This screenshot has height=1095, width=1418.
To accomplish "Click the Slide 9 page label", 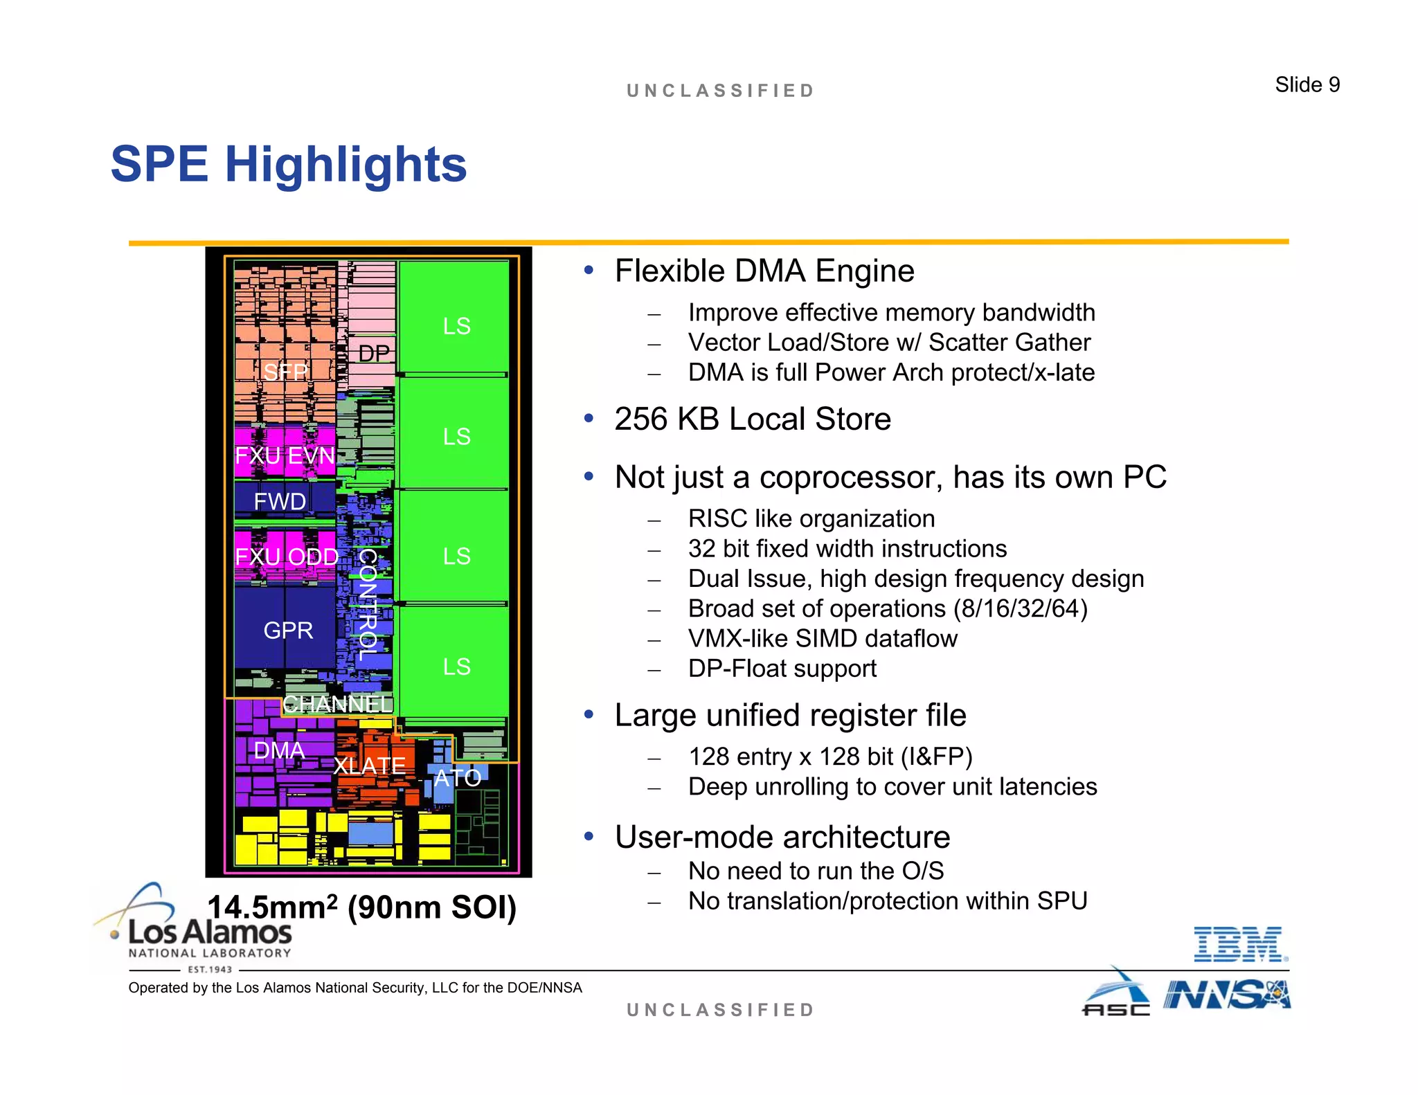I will click(x=1307, y=84).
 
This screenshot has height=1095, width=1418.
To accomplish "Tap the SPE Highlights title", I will click(x=289, y=165).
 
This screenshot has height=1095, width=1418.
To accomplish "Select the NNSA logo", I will click(x=1226, y=995).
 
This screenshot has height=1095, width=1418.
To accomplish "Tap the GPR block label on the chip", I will click(x=288, y=631).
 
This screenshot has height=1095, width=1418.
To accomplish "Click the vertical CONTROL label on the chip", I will click(x=367, y=604).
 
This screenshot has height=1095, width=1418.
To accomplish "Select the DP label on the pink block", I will click(x=374, y=354).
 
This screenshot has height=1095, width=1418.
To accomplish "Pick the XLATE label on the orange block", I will click(x=369, y=766).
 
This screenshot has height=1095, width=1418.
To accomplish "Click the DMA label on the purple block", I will click(x=279, y=750).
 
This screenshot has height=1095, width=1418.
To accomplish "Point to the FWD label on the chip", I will click(x=280, y=501).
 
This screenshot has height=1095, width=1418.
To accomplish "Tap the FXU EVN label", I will click(x=285, y=455).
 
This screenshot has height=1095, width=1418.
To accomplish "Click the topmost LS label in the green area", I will click(x=456, y=326).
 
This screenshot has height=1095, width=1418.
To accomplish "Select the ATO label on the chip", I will click(x=457, y=778).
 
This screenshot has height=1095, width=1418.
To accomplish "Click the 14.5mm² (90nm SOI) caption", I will click(x=361, y=907).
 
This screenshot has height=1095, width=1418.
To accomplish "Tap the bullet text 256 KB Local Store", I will click(x=752, y=419).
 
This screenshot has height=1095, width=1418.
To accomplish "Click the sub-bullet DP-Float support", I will click(x=782, y=669).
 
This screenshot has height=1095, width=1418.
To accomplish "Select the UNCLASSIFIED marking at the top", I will click(x=720, y=91).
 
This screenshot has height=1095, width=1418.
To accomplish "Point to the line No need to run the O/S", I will click(x=816, y=871).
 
